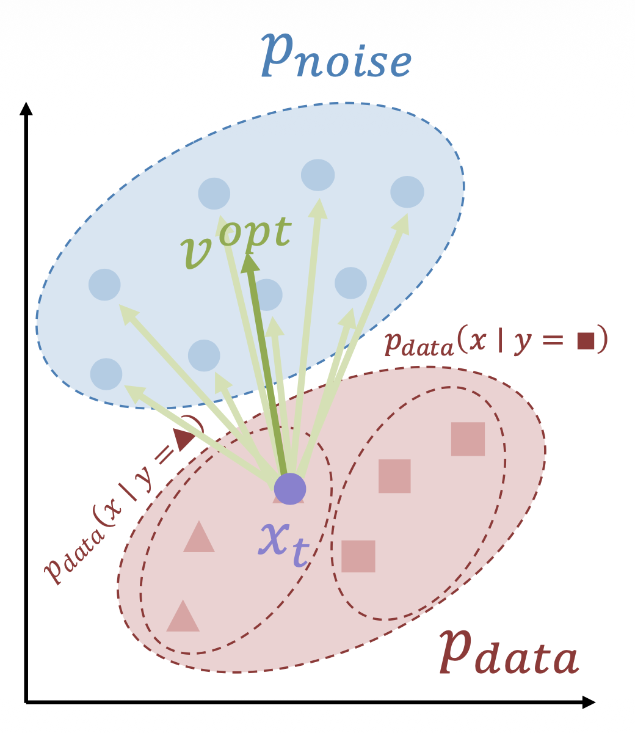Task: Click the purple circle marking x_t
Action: tap(289, 489)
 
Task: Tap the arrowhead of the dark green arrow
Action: tap(250, 264)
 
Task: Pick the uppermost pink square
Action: tap(468, 439)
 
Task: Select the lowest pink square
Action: tap(358, 556)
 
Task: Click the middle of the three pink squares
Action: tap(394, 476)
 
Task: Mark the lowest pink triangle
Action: tap(183, 617)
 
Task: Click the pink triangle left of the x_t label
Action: tap(199, 538)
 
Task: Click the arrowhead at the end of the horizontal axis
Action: tap(588, 702)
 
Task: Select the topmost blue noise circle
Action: tap(317, 175)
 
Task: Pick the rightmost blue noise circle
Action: tap(407, 191)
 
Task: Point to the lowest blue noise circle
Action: tap(106, 374)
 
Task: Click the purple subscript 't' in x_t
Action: tap(299, 553)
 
